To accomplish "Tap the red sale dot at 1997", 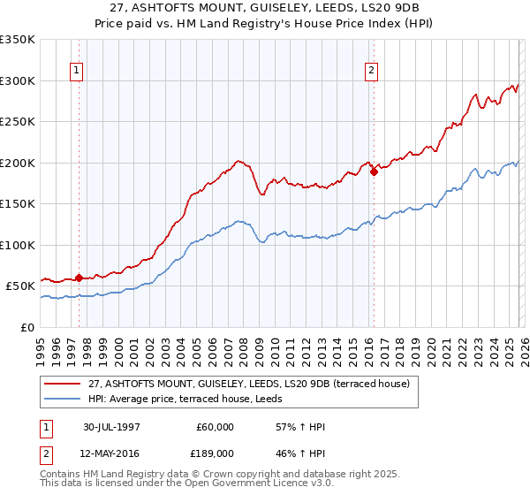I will point(79,278).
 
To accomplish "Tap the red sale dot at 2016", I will point(374,172).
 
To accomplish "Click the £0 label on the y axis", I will point(26,327).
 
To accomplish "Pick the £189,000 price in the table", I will point(216,452).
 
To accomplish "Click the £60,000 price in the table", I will point(216,427).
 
